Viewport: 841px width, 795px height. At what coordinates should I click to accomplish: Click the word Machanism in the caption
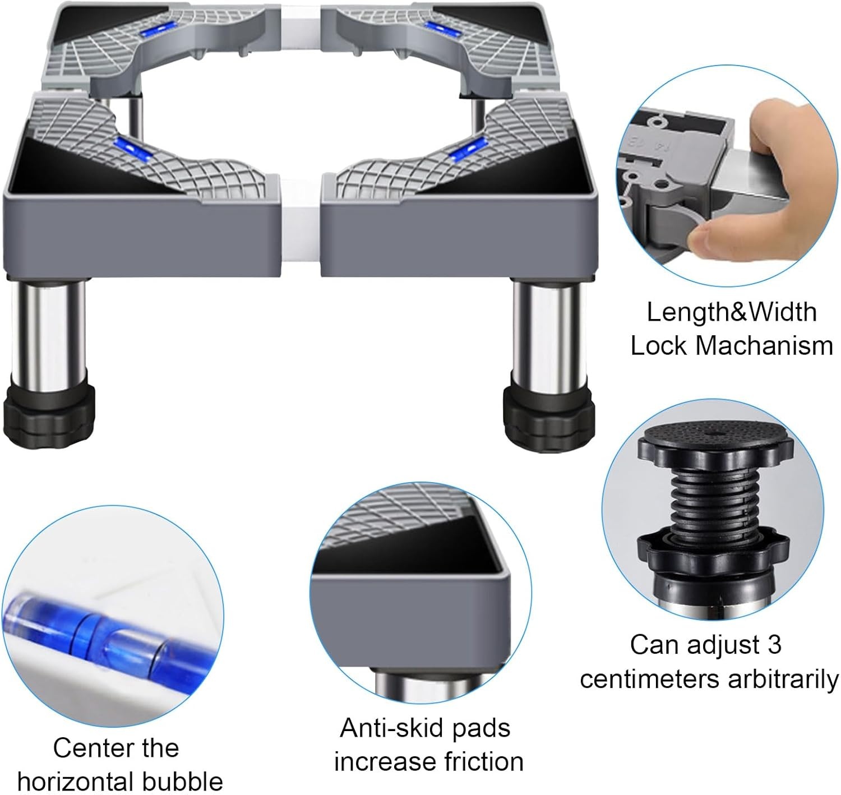[764, 346]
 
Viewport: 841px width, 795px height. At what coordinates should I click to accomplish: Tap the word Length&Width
[732, 312]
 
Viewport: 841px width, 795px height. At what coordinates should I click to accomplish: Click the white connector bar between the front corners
[301, 227]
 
